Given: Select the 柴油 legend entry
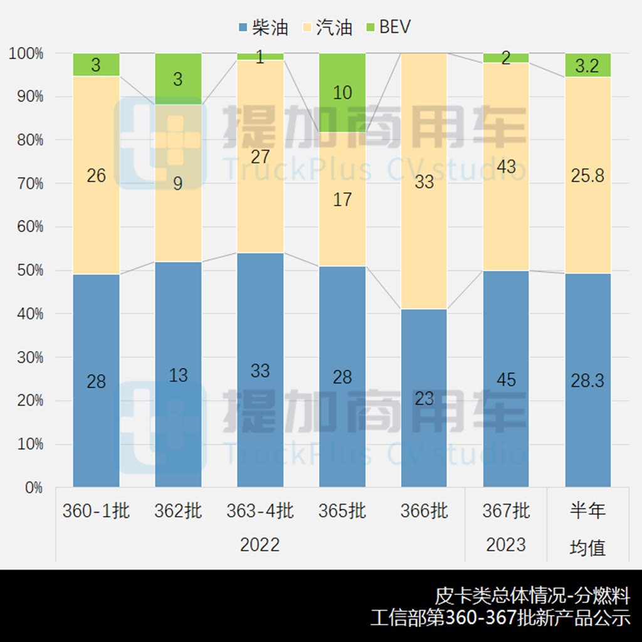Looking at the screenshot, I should coord(263,27).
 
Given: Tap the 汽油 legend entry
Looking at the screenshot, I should coord(326,27).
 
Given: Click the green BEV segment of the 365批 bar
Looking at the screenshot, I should coord(342,92).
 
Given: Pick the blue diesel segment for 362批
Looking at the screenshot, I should coord(178,374).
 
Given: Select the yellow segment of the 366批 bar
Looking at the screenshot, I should coord(424,181).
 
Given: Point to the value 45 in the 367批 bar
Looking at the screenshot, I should coord(506,380).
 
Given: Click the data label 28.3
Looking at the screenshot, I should coord(587,380).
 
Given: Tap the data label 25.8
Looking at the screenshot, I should coord(587,176).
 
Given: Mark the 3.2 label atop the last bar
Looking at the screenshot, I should coord(587,65).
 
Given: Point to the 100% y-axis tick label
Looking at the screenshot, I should coord(26,54).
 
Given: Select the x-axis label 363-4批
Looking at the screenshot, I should coord(260,511).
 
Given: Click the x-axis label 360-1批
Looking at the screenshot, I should coord(96,511).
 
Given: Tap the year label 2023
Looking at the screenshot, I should coord(506,544).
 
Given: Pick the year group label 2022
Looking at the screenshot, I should coord(260,544).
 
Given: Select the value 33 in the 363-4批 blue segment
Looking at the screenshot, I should coord(260,371).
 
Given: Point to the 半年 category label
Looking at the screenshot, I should coord(587,511).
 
